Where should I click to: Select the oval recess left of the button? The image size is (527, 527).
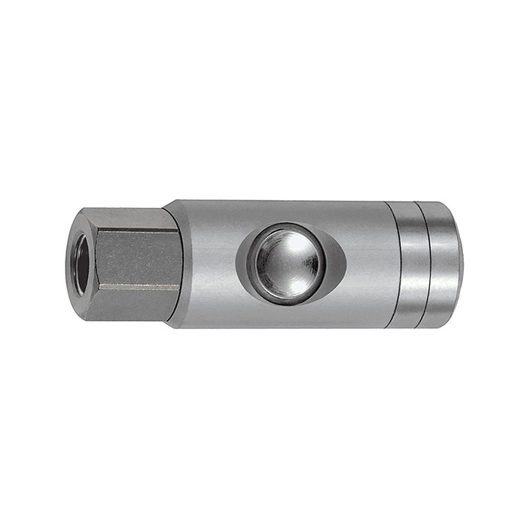pyautogui.click(x=243, y=263)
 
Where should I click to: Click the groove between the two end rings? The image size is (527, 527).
pyautogui.click(x=425, y=263)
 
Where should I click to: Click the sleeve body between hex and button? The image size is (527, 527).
pyautogui.click(x=207, y=263)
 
